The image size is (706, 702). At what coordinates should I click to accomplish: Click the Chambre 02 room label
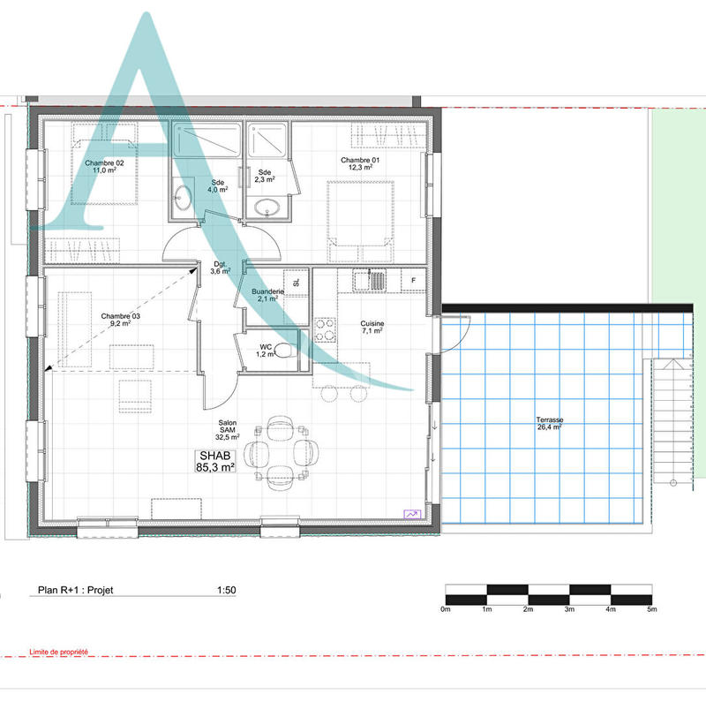(x=104, y=169)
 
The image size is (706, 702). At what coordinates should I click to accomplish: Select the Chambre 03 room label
(x=120, y=320)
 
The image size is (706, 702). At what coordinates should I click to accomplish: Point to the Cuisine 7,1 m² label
(x=372, y=328)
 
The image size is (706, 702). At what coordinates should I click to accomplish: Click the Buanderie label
(x=267, y=295)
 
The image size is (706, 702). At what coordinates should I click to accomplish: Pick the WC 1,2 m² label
(x=265, y=351)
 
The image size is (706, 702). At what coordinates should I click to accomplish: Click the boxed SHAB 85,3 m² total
(x=215, y=461)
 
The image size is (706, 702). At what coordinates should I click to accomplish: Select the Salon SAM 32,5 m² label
(x=228, y=430)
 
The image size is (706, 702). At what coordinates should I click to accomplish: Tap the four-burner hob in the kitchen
(x=325, y=329)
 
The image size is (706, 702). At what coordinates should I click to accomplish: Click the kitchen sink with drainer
(x=371, y=281)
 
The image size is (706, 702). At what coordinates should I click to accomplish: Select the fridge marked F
(x=413, y=281)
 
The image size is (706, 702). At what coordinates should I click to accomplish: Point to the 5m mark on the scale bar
(x=651, y=609)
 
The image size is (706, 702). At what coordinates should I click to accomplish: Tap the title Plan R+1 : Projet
(x=75, y=593)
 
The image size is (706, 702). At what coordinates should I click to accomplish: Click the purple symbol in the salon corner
(x=413, y=513)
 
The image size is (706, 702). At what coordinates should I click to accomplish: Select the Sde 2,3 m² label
(x=265, y=176)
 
